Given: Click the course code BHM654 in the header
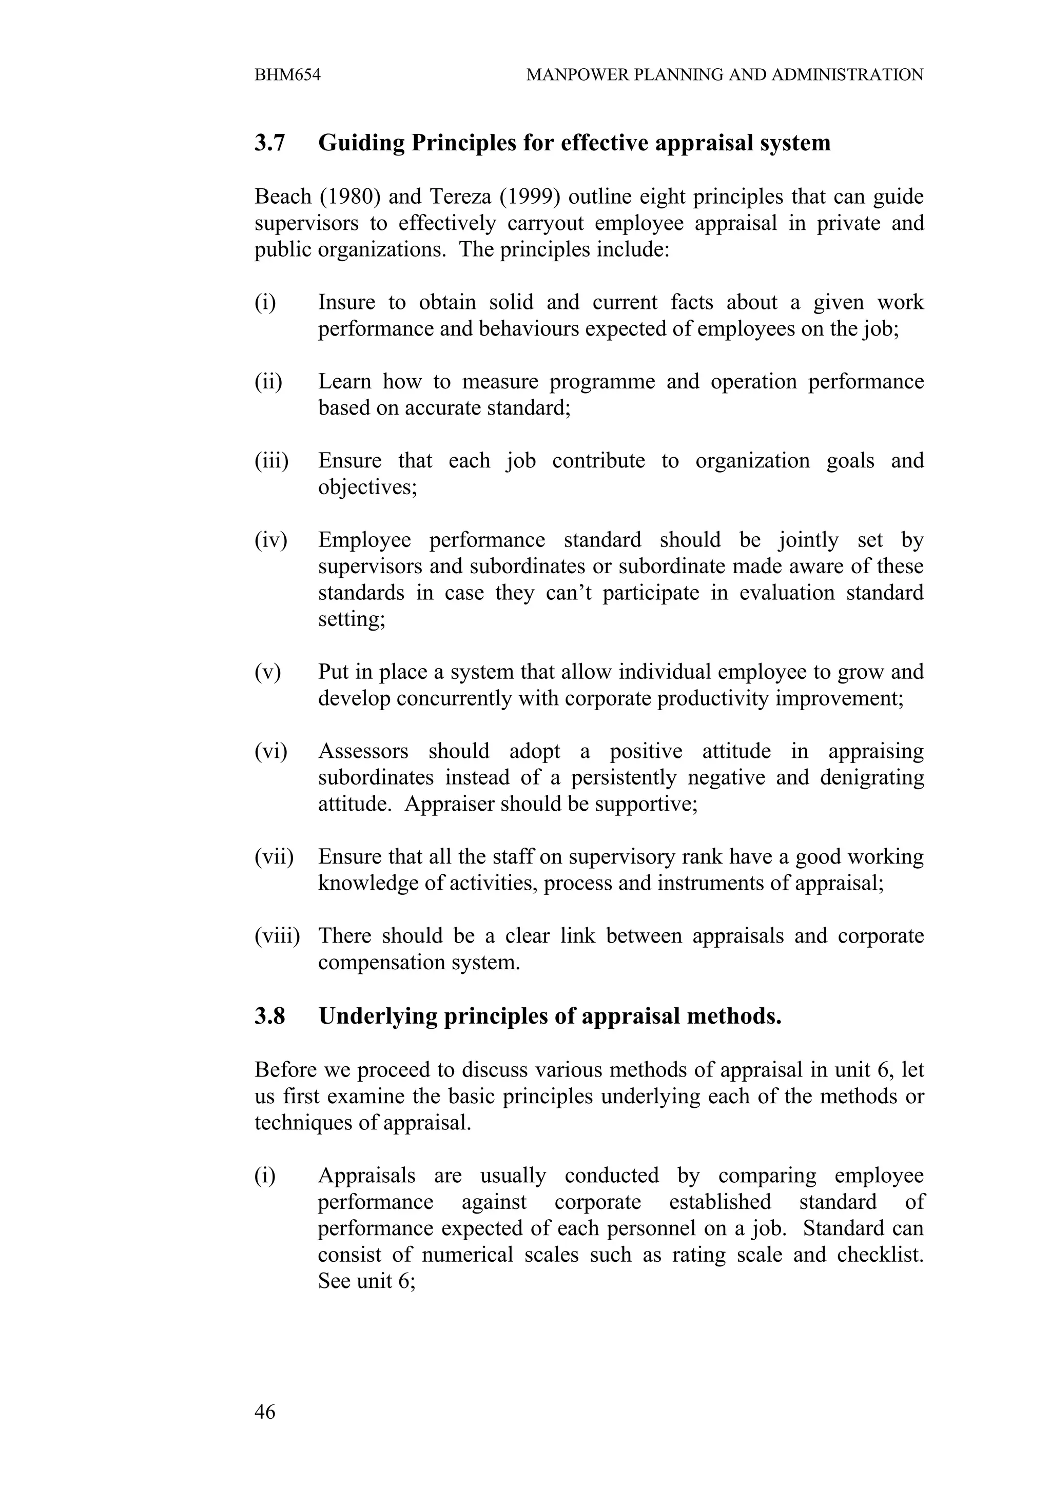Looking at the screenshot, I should pyautogui.click(x=287, y=75).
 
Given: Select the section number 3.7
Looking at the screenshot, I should pyautogui.click(x=269, y=143).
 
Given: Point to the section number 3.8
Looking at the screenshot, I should pyautogui.click(x=269, y=1016).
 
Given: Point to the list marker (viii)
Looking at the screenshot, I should pyautogui.click(x=277, y=936).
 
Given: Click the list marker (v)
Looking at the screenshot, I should pyautogui.click(x=267, y=672).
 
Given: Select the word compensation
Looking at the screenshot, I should pyautogui.click(x=379, y=963).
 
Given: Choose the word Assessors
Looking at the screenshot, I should pyautogui.click(x=363, y=751).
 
